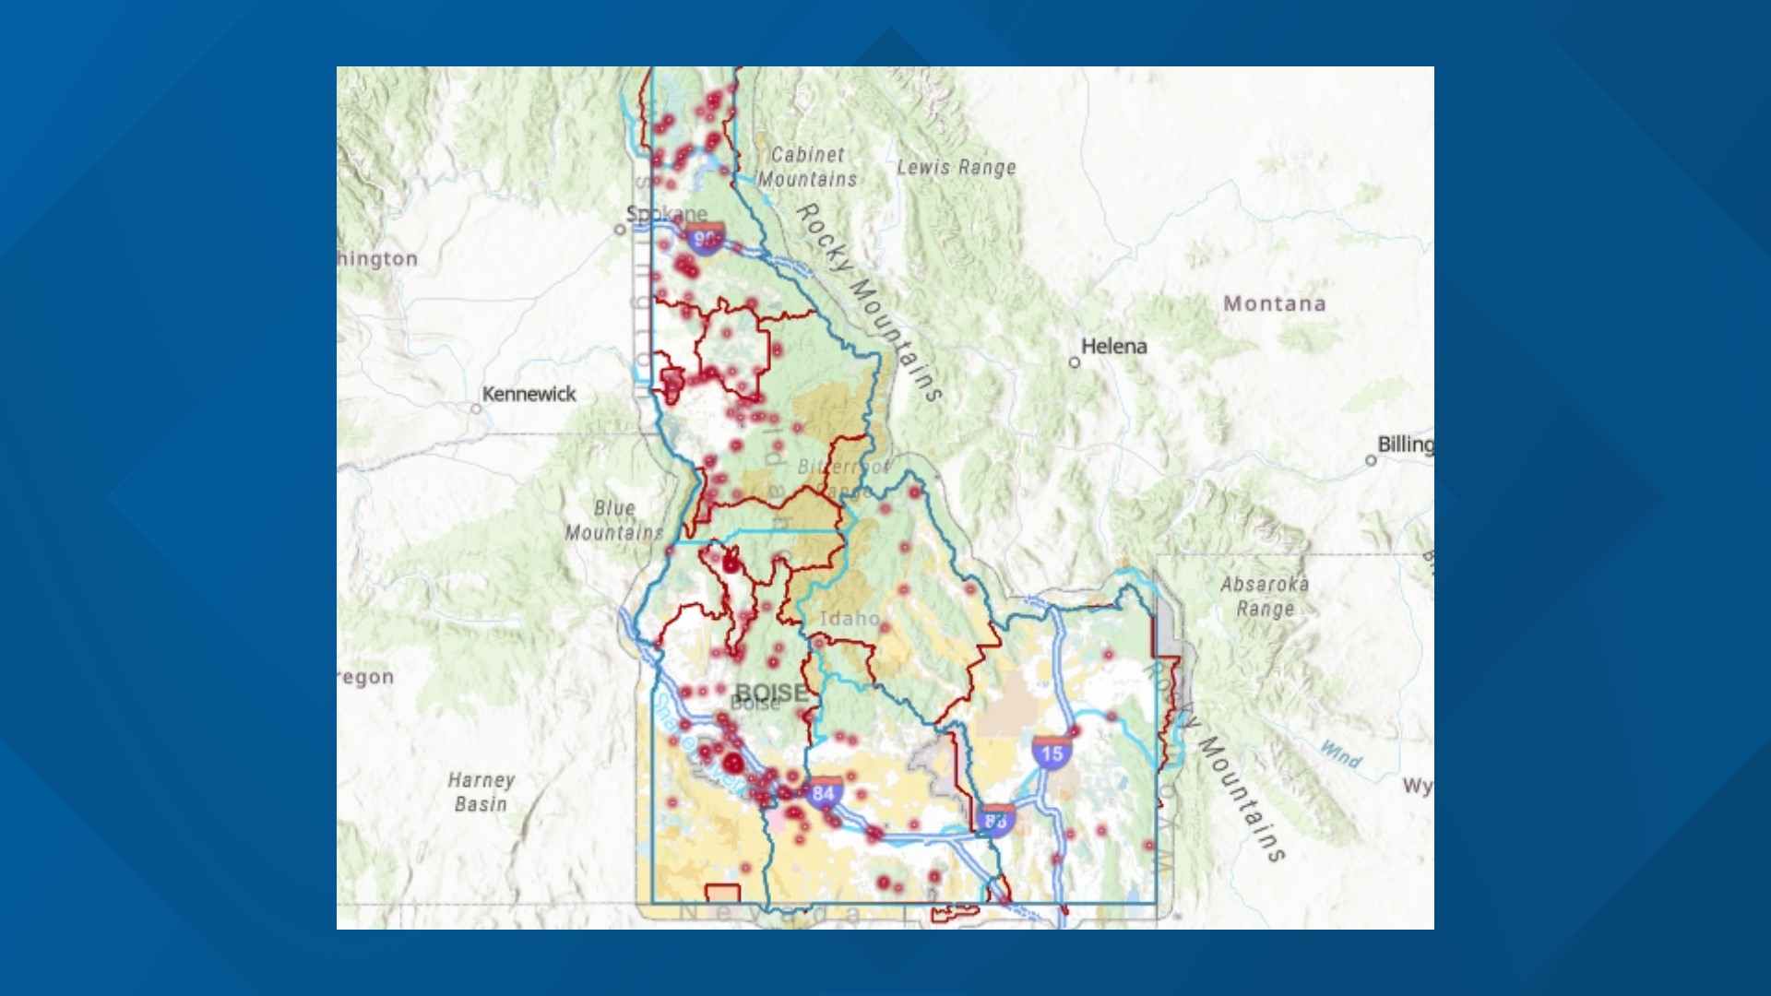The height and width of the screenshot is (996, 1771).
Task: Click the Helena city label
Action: click(1113, 347)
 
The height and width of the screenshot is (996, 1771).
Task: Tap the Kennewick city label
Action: click(529, 394)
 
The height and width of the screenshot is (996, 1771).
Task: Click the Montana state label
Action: click(1274, 303)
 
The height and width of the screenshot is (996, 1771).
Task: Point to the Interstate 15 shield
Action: click(1052, 753)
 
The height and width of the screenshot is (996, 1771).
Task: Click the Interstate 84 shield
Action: click(823, 792)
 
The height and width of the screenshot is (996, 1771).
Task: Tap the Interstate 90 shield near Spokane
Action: click(705, 239)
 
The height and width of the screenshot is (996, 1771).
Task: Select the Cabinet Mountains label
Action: click(808, 167)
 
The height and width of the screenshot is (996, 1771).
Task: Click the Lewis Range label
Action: click(957, 167)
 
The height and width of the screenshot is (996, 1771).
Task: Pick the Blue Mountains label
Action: click(614, 520)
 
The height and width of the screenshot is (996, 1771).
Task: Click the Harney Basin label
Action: click(481, 791)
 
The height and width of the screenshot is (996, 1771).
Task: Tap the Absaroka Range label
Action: click(1265, 596)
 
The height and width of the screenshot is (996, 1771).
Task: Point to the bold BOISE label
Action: click(771, 692)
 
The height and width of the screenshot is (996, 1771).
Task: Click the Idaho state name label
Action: click(849, 618)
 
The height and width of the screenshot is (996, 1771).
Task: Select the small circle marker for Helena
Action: click(1074, 362)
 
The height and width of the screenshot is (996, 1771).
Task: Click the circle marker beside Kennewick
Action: click(476, 409)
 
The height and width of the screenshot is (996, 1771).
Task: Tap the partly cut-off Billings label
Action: click(1405, 444)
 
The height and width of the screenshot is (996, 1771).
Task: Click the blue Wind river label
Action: click(1340, 754)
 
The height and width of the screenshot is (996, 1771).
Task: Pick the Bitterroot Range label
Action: click(841, 478)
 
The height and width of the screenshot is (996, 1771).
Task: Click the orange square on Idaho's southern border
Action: click(723, 895)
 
